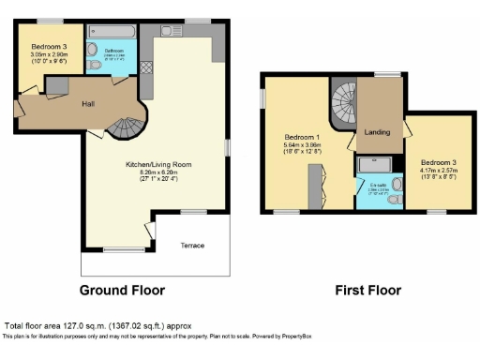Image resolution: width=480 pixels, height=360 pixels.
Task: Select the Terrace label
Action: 191,245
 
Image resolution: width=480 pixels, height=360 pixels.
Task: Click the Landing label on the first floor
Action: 379,131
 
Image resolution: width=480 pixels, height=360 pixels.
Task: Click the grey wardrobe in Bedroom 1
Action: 319,184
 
